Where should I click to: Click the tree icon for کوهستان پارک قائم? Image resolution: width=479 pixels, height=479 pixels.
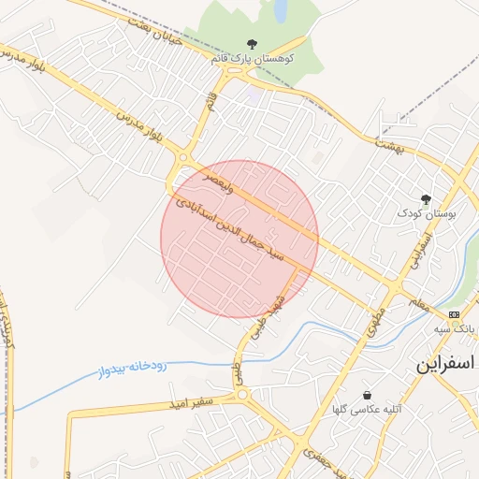[251, 43]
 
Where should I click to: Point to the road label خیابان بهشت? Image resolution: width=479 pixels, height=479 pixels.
[140, 14]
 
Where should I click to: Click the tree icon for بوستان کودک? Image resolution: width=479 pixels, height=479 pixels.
[427, 199]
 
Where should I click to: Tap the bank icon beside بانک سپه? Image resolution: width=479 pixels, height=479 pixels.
[454, 314]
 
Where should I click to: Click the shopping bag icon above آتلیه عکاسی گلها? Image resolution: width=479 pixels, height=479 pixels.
[366, 396]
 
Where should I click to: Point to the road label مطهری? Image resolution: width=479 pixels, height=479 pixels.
[376, 300]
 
